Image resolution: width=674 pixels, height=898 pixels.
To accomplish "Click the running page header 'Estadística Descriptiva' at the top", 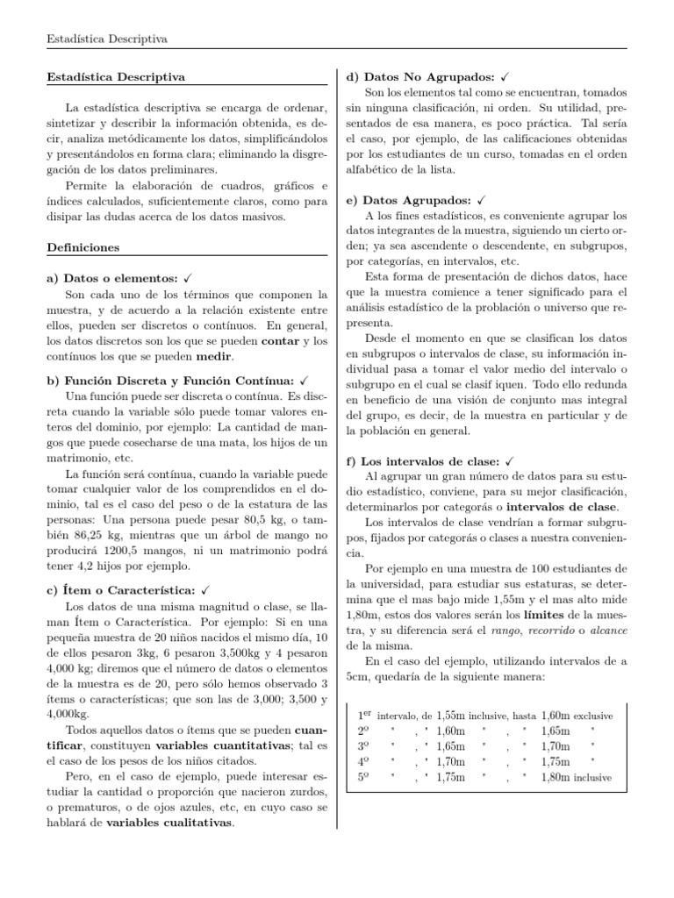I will (x=106, y=39).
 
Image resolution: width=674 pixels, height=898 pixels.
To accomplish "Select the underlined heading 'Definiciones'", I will (x=83, y=248).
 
